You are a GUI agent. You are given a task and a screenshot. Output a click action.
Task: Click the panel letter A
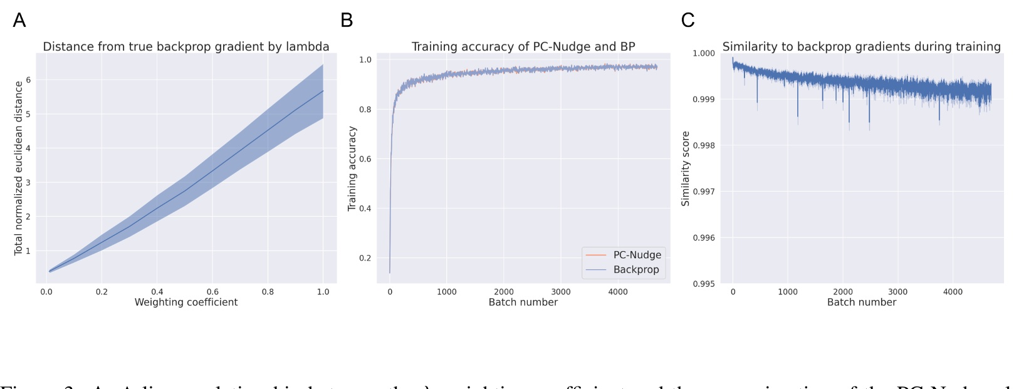tap(19, 20)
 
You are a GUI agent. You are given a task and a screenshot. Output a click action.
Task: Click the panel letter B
tap(347, 20)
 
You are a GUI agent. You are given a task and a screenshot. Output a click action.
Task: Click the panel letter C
tap(687, 20)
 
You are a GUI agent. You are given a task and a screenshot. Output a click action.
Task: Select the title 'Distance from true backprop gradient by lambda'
tap(186, 47)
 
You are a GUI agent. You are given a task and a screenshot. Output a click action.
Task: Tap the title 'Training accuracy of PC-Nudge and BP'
tap(523, 47)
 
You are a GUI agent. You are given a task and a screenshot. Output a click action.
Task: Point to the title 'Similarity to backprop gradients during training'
tap(861, 47)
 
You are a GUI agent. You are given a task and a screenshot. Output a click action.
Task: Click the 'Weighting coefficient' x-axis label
tap(186, 302)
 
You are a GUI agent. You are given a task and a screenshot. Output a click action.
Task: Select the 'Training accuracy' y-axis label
tap(352, 168)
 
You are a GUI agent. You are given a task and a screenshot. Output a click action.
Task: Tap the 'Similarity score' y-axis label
tap(685, 168)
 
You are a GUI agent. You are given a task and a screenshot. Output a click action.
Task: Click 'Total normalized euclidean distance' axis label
tap(18, 168)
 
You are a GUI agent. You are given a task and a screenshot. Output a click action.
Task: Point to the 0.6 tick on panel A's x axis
tap(212, 292)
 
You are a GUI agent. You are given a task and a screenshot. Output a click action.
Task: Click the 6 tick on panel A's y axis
tap(28, 80)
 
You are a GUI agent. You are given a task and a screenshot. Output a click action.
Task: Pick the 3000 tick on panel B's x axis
tap(560, 292)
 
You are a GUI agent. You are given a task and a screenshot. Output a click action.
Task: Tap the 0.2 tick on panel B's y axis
tap(365, 258)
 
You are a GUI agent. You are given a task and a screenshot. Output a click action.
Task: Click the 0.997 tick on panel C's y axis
tap(704, 192)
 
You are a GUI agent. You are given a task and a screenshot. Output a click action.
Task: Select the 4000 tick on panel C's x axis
tap(953, 292)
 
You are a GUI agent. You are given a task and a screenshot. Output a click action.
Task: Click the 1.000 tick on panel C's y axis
tap(704, 53)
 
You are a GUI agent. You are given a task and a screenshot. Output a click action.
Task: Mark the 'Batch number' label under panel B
tap(523, 302)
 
